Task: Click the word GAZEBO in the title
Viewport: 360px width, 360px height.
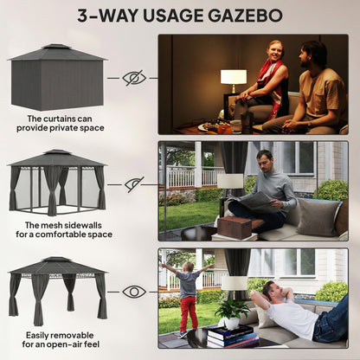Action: [x=245, y=16]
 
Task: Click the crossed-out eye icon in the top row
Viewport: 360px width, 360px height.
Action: [x=134, y=78]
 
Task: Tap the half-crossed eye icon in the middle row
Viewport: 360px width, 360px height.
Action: [x=134, y=184]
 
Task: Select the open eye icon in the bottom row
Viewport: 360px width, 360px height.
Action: [x=134, y=292]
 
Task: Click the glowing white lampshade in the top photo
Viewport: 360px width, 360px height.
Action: [x=234, y=77]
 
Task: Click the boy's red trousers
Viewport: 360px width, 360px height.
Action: [x=189, y=313]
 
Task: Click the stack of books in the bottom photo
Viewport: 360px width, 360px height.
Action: [x=232, y=336]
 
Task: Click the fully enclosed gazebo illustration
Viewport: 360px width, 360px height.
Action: [x=57, y=77]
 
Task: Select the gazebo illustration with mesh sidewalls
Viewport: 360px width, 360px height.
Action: [x=57, y=183]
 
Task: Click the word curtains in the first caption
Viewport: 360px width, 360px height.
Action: [x=67, y=119]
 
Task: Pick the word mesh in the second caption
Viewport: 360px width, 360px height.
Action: [x=52, y=225]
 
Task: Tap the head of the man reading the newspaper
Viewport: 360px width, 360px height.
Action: [x=265, y=159]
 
